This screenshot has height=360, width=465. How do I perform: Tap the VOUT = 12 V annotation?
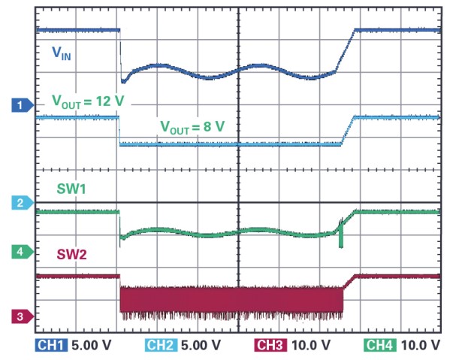[x=87, y=101]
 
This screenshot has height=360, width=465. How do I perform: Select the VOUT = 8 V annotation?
[x=192, y=126]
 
